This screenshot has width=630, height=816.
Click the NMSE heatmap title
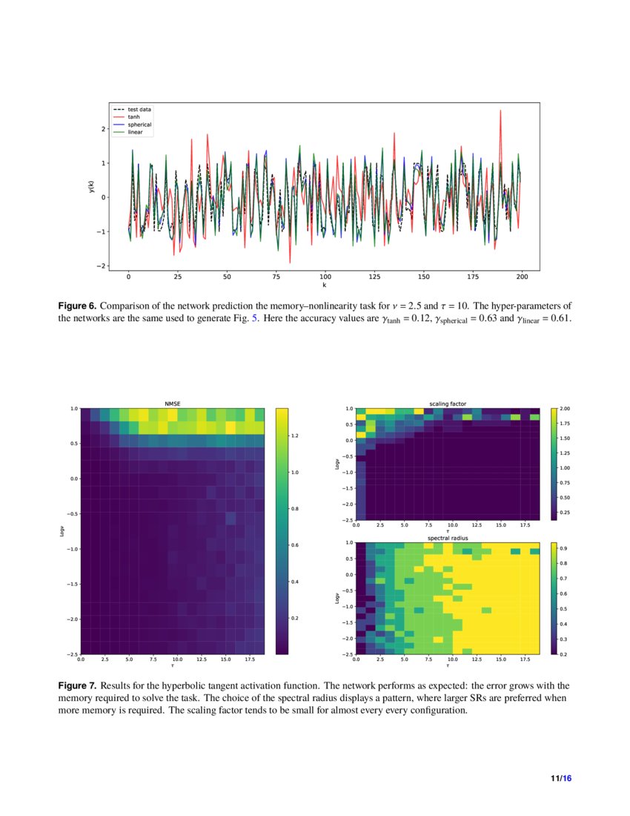tap(172, 404)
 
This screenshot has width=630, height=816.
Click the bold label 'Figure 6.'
tap(77, 306)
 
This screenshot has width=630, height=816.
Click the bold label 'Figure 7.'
tap(77, 686)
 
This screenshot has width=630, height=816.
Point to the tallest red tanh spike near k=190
tap(500, 111)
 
